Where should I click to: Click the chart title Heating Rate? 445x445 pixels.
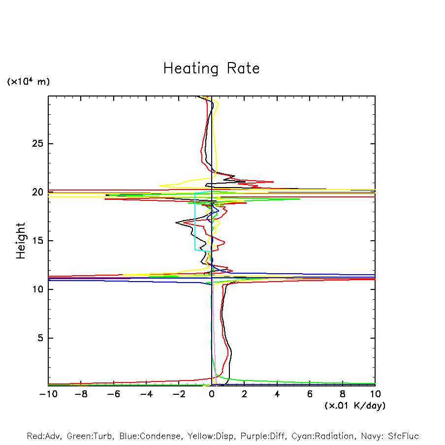click(211, 68)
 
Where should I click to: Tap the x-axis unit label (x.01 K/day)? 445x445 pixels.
click(354, 406)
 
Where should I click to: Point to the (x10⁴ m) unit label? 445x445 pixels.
click(28, 82)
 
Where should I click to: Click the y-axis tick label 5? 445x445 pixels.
click(41, 338)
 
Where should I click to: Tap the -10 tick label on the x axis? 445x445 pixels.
click(47, 394)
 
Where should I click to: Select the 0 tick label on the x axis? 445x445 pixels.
click(212, 394)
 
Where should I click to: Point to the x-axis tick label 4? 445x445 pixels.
click(277, 394)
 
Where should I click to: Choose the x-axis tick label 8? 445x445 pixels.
click(343, 394)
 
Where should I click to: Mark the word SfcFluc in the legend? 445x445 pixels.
click(402, 436)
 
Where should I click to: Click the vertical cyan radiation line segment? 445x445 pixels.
click(195, 222)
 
